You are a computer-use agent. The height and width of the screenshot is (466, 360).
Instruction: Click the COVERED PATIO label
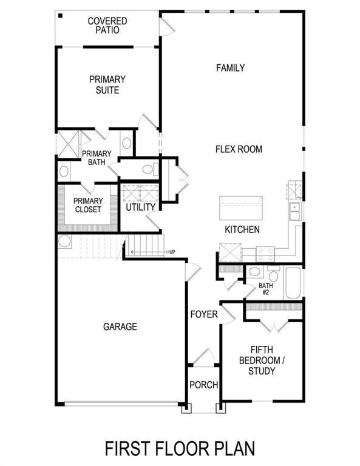point(107,25)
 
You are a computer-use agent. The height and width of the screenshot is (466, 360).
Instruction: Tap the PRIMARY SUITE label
point(107,85)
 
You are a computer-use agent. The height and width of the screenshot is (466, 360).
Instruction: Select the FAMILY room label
point(231,68)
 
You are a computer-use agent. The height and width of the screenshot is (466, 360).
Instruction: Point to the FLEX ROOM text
point(239,149)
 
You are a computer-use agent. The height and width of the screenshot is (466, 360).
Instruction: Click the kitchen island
point(241,209)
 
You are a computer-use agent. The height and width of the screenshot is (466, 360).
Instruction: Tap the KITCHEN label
point(242,230)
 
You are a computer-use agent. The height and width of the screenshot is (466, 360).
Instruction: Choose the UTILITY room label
point(141,208)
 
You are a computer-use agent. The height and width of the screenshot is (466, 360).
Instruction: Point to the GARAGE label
point(120,327)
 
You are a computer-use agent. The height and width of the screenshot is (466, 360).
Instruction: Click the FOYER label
point(204,314)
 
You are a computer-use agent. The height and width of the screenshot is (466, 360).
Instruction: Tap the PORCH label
point(203,385)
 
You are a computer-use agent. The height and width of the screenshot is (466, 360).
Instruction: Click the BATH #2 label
point(265,288)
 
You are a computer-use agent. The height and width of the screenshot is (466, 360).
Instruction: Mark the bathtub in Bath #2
point(293,283)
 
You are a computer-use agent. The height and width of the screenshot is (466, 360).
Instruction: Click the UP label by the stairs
point(172,252)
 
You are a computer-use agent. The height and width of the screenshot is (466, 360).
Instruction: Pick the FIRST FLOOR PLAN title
point(180,448)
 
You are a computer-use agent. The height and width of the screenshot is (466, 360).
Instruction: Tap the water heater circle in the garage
point(64,241)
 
